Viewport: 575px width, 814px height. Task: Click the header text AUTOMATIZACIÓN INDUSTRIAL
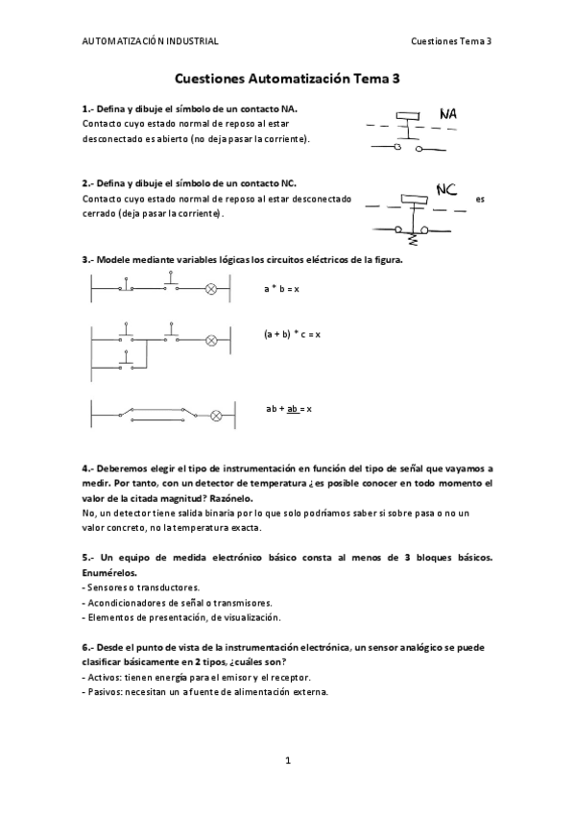tap(150, 41)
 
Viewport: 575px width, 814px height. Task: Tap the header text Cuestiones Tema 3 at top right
tap(450, 41)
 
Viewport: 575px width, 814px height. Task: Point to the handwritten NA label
tap(447, 115)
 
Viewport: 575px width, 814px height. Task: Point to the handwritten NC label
tap(445, 190)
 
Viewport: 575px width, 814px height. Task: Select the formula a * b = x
tap(282, 288)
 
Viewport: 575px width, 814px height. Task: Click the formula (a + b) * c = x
tap(292, 334)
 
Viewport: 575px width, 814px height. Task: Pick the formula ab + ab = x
tap(289, 409)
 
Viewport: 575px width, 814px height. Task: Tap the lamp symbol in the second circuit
tap(212, 339)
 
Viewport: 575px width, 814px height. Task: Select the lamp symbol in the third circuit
tap(216, 416)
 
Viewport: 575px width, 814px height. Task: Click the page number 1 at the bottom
tap(287, 760)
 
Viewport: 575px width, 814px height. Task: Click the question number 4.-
tap(88, 468)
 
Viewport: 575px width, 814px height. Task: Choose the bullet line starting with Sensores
tap(141, 587)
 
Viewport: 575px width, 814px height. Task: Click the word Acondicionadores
tap(126, 602)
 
